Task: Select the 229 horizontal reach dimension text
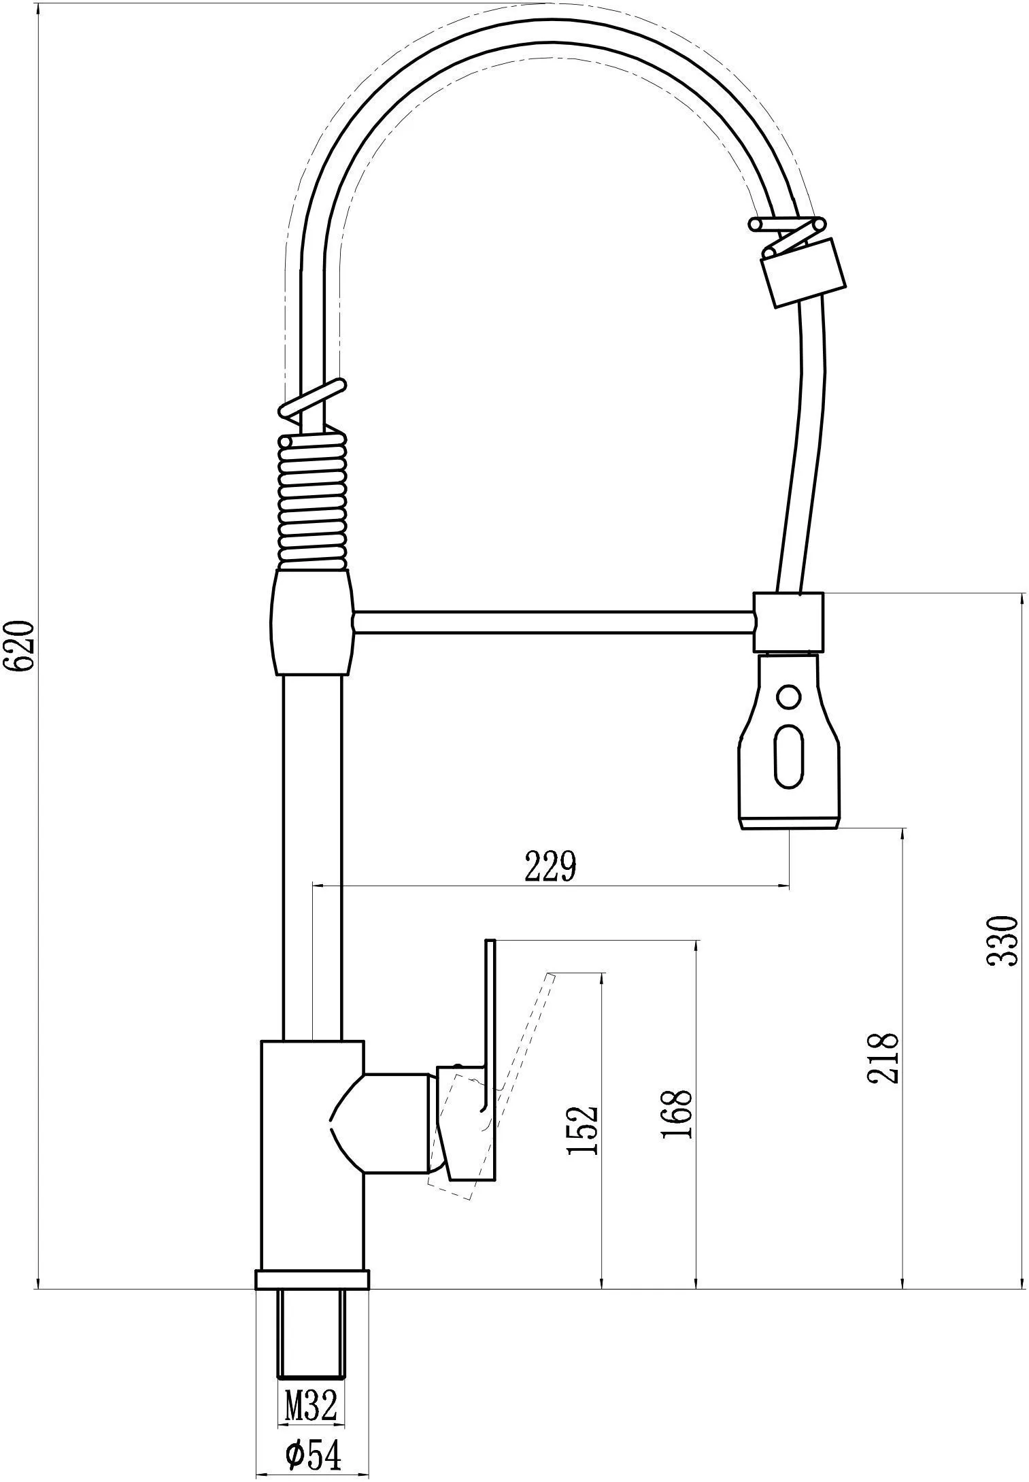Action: coord(550,866)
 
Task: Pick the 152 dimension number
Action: coord(582,1130)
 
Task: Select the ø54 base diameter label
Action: coord(313,1451)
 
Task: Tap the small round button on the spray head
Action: coord(788,697)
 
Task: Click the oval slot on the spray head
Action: coord(789,756)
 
